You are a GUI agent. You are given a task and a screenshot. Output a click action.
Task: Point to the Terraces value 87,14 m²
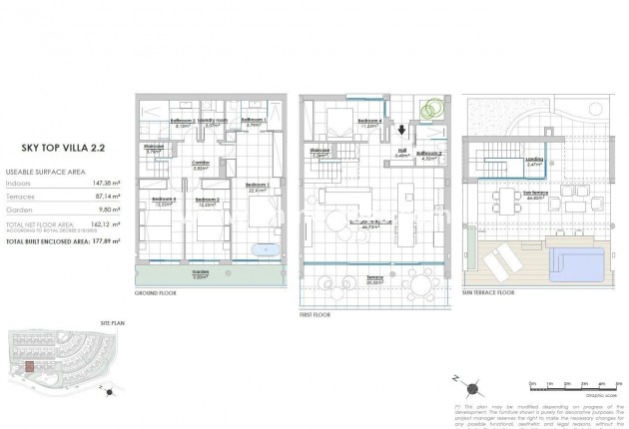[92, 198]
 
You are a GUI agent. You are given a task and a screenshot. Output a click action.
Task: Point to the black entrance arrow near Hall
[402, 129]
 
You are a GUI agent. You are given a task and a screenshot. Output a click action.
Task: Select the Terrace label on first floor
[375, 279]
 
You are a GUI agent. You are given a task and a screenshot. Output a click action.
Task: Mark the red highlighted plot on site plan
[31, 366]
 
